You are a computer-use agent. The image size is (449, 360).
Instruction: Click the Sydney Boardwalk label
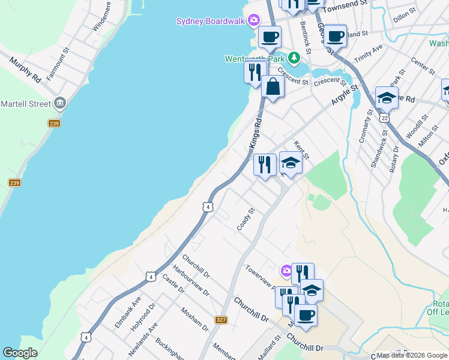coord(211,21)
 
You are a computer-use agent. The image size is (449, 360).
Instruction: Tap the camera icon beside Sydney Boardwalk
coord(254,21)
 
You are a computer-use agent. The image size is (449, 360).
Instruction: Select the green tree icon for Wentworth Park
coord(294,58)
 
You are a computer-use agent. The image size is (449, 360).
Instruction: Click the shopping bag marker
coord(273,86)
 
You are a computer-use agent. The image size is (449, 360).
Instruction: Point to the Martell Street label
coord(25,104)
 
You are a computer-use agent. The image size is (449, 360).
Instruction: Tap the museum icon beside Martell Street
coord(59,103)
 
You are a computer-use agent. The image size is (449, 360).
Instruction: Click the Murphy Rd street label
coord(25,70)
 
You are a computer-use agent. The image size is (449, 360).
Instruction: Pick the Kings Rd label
coord(256,133)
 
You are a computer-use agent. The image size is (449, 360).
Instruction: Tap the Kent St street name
coord(301,150)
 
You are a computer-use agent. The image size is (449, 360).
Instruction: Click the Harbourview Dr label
coord(190,280)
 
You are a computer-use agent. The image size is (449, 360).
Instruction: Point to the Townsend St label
coord(345,4)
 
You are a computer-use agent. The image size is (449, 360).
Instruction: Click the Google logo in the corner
coord(20,353)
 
